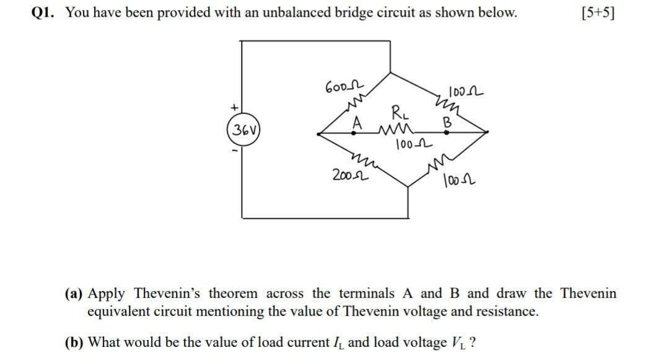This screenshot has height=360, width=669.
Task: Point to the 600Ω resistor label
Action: pos(339,87)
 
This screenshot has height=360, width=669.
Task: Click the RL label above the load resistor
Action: pos(398,113)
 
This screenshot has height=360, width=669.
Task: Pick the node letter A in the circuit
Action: pos(356,124)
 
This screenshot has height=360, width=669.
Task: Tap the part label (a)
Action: pos(76,293)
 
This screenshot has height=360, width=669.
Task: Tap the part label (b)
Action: pos(76,343)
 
